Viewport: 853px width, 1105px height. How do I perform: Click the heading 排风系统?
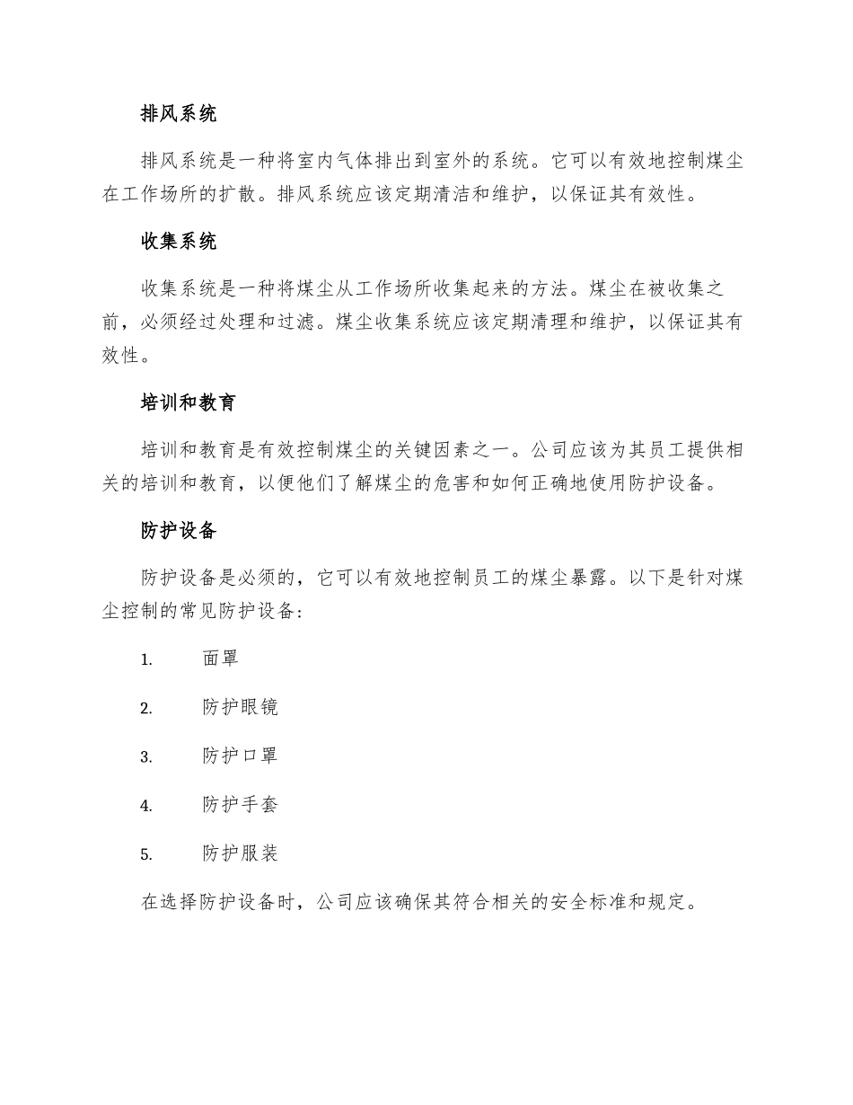point(179,114)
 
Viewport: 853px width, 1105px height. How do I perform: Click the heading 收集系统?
point(179,242)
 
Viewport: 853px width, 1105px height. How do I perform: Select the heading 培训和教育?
point(189,402)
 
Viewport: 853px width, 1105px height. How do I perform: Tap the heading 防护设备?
point(179,530)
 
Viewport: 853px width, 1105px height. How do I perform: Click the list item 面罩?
point(221,659)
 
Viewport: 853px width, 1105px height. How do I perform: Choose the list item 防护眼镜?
point(241,707)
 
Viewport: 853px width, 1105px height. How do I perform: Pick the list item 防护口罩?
point(241,756)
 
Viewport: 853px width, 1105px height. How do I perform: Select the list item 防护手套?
point(241,805)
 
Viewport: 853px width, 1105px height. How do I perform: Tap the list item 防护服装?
point(241,853)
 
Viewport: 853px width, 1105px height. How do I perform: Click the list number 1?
point(146,659)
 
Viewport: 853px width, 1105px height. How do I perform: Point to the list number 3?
point(146,756)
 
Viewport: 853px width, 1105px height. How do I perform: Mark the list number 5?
point(146,854)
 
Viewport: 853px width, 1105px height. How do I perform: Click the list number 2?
point(146,708)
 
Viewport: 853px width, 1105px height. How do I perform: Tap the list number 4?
point(146,806)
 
